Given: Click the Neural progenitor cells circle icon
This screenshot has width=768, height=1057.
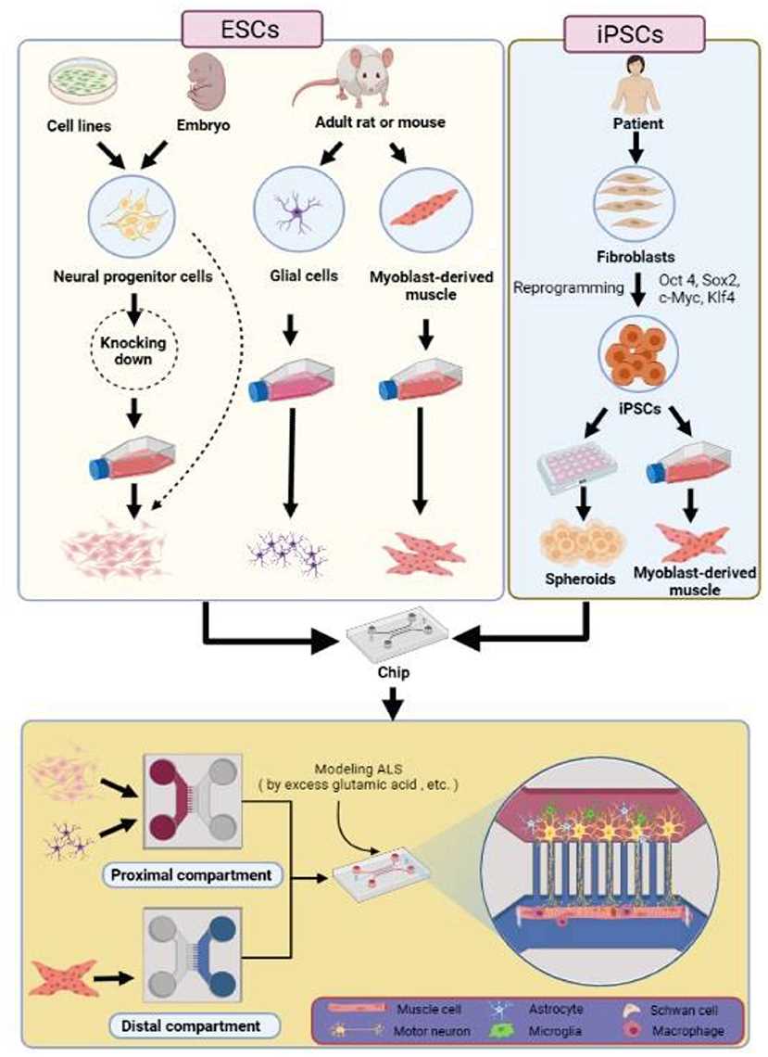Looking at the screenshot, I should pyautogui.click(x=135, y=211).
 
